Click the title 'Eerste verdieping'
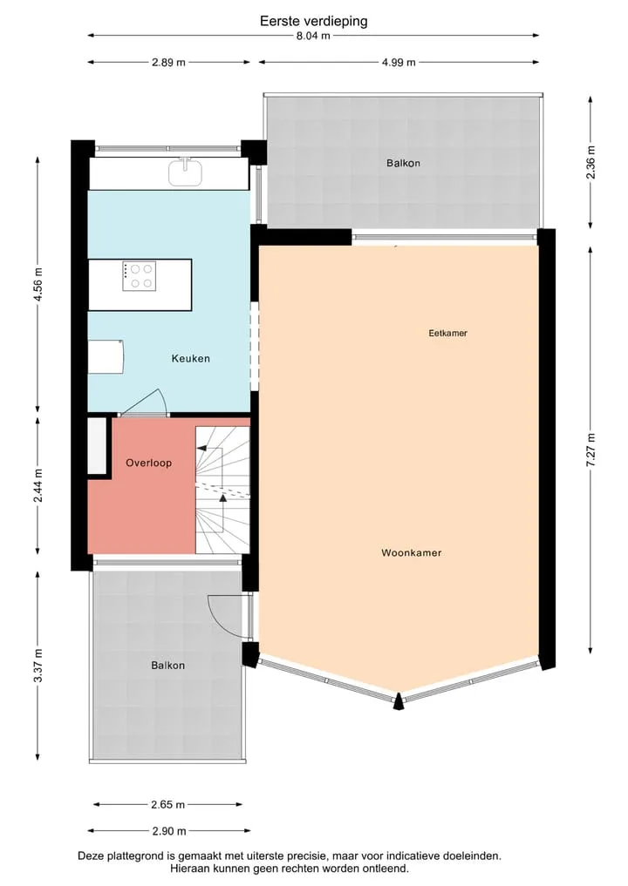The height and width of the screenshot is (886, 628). tap(313, 22)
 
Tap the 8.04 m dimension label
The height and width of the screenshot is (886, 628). tap(313, 36)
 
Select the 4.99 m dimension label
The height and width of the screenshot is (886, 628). tap(399, 62)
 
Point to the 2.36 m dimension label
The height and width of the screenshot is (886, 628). tap(590, 162)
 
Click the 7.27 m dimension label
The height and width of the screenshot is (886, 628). tap(590, 450)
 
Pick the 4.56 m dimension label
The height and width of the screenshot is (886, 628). tap(38, 284)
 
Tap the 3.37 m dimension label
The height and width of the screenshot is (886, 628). tap(38, 666)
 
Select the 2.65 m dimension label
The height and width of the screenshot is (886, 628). tap(168, 804)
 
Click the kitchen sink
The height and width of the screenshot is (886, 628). tap(186, 172)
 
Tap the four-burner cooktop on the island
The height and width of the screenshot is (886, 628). tap(140, 276)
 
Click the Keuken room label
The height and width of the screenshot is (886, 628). tap(191, 358)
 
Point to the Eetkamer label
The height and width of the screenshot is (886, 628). tap(448, 334)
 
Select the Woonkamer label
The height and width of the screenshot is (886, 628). tap(412, 552)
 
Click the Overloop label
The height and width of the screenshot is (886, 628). tap(149, 463)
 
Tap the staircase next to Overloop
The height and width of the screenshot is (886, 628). tap(223, 490)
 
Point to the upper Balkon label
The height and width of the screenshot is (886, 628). tap(403, 163)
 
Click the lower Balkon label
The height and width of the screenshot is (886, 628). tap(168, 666)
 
